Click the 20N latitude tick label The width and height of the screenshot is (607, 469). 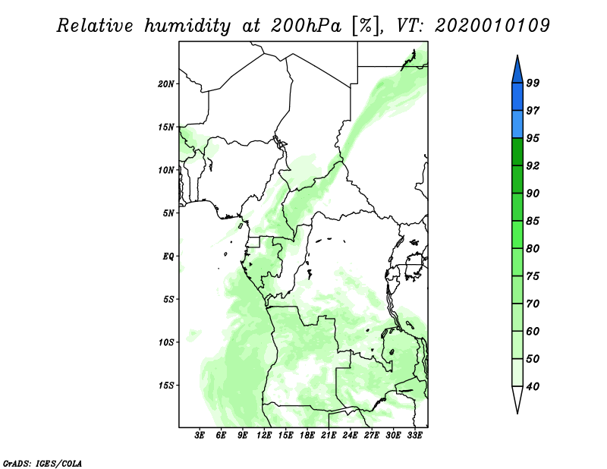(x=166, y=84)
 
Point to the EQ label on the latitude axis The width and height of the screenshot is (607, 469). (x=168, y=257)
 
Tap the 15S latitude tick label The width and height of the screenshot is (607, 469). (x=166, y=386)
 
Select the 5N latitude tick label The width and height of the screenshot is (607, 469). (x=168, y=213)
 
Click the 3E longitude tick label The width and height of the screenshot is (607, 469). (x=200, y=436)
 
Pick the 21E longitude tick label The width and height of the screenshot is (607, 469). (x=329, y=436)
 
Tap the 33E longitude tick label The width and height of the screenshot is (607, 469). (x=414, y=436)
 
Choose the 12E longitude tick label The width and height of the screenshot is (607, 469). (x=263, y=436)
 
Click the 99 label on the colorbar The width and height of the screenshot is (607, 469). (x=533, y=83)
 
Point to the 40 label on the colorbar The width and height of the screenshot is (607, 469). (x=533, y=386)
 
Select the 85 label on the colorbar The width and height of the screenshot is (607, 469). (x=533, y=221)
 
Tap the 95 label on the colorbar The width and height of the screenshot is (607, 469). (x=533, y=138)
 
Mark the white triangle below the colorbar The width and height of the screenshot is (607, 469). (x=517, y=398)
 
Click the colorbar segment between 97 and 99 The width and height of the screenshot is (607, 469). (x=517, y=97)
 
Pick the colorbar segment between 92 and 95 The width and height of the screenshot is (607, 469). (x=517, y=152)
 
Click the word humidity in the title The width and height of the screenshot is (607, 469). (x=187, y=27)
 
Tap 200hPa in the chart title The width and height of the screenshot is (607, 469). (x=306, y=26)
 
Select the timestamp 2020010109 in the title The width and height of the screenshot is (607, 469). (x=492, y=26)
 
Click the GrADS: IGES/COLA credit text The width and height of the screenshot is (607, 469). (x=42, y=463)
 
